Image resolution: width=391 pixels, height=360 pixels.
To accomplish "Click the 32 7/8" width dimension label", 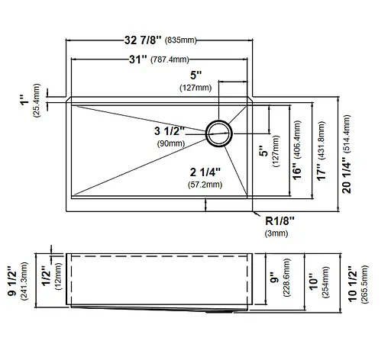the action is pyautogui.click(x=143, y=40).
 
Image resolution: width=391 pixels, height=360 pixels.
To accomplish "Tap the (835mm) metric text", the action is pyautogui.click(x=181, y=40).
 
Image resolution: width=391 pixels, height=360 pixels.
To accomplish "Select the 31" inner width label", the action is pyautogui.click(x=138, y=59).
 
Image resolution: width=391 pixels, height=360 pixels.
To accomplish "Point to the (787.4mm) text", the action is pyautogui.click(x=170, y=59).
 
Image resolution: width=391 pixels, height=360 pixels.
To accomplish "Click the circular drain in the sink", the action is pyautogui.click(x=219, y=133).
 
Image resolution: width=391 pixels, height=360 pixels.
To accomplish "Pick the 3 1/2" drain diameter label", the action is pyautogui.click(x=170, y=131).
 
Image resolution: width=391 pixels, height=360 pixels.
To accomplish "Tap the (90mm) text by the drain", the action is pyautogui.click(x=171, y=143).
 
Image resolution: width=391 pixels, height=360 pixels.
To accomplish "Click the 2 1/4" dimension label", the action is pyautogui.click(x=205, y=172).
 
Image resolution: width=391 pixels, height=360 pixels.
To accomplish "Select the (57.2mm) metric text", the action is pyautogui.click(x=205, y=185).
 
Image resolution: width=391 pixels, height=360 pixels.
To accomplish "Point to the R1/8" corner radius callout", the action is pyautogui.click(x=280, y=221).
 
